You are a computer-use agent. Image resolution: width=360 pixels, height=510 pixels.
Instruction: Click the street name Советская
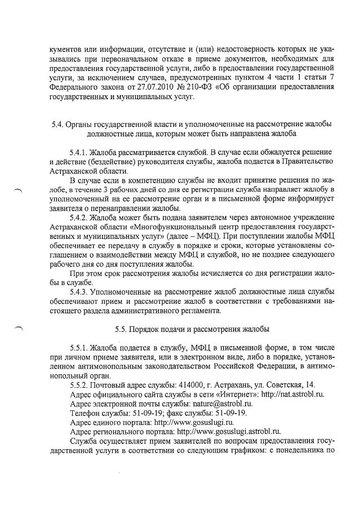point(285,384)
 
